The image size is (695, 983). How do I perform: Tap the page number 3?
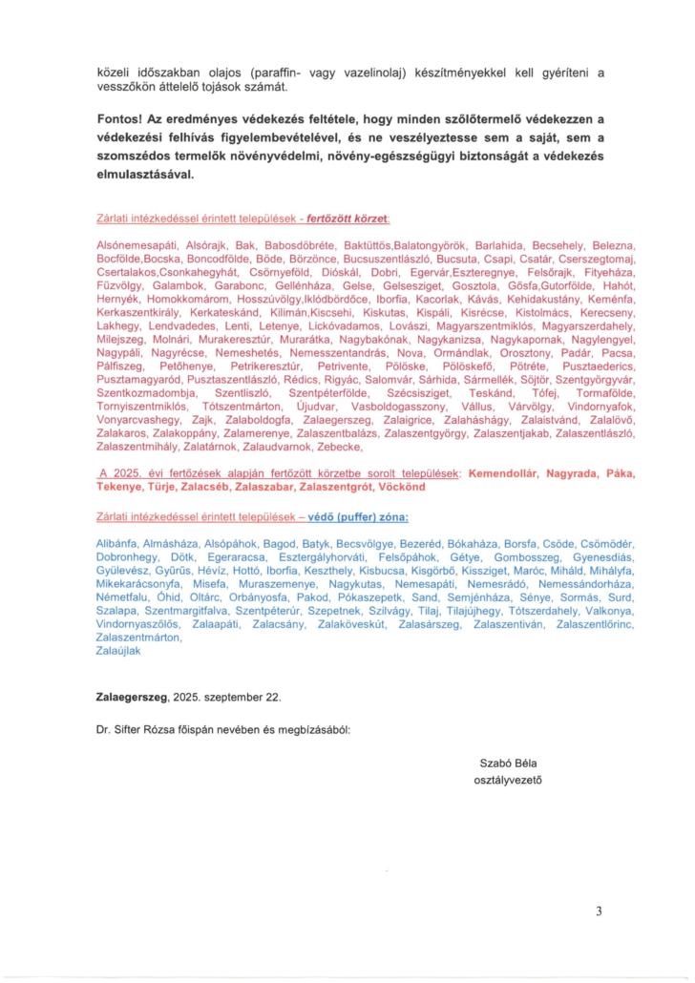(600, 911)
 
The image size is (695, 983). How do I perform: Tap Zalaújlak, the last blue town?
(120, 649)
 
